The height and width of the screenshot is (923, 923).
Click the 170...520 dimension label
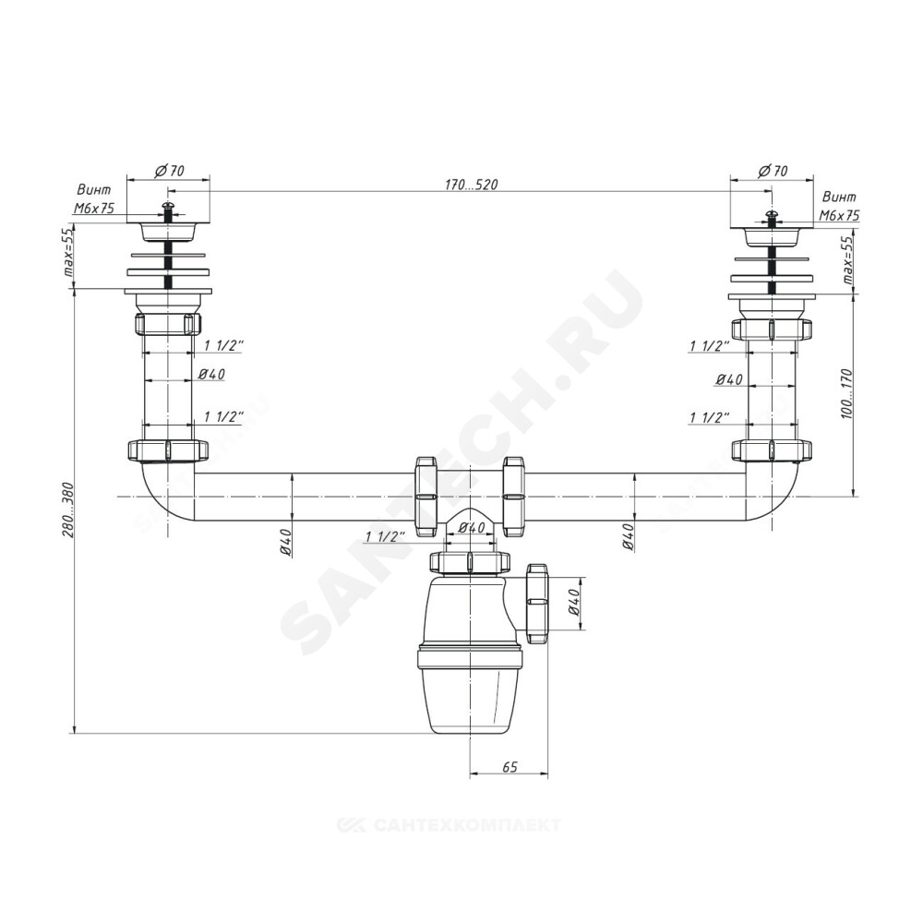471,185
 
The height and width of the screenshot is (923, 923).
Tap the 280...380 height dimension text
67,509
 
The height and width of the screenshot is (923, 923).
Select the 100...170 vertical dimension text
846,393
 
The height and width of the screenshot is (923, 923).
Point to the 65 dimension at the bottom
509,767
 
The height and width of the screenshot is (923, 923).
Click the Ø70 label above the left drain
170,171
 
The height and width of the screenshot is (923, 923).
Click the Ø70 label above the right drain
773,171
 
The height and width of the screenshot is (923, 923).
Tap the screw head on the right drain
771,214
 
